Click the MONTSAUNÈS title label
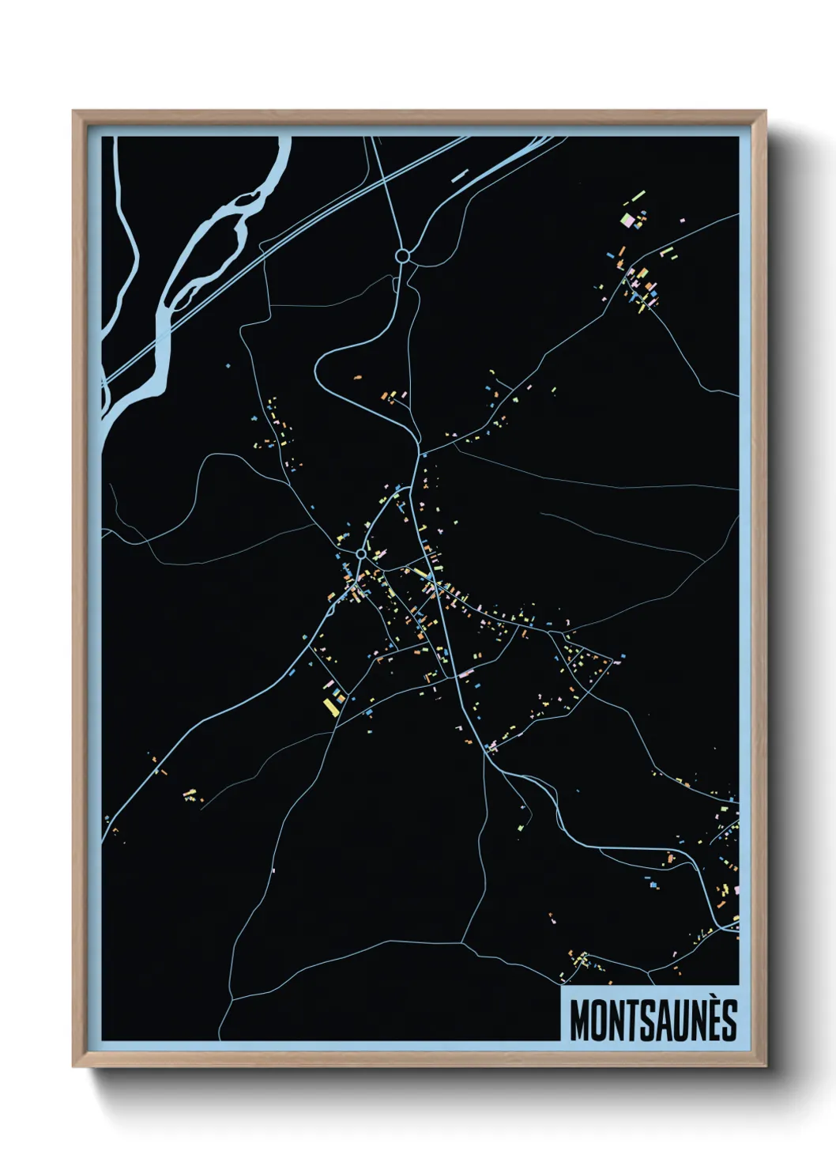click(x=653, y=1020)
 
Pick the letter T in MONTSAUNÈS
click(x=632, y=1020)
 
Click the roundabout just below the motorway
click(x=402, y=255)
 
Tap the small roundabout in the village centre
click(x=361, y=554)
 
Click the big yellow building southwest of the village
click(x=330, y=706)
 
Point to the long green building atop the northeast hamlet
click(x=638, y=194)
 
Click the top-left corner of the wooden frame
click(x=73, y=111)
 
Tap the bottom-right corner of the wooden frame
click(x=765, y=1066)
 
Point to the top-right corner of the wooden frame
click(x=765, y=111)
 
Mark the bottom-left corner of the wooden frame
click(x=73, y=1066)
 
